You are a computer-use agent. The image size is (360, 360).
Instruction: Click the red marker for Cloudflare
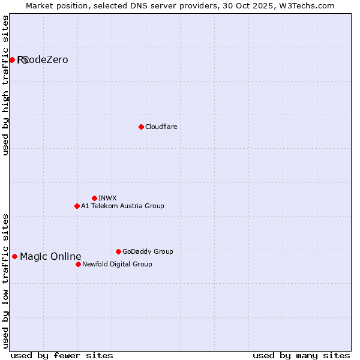(141, 127)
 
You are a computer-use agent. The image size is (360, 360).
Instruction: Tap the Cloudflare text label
(161, 127)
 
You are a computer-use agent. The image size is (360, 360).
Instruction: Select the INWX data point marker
(94, 198)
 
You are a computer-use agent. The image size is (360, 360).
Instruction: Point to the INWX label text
(107, 198)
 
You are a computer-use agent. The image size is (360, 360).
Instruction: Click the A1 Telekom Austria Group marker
(77, 206)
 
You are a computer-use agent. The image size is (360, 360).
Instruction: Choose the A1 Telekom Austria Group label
(122, 206)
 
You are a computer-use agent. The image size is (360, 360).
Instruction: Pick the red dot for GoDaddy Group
(118, 251)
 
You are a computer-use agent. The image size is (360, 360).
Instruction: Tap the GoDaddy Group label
(148, 251)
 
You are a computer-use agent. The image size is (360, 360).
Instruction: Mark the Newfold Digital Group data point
(78, 264)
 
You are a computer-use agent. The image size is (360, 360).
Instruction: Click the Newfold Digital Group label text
(117, 264)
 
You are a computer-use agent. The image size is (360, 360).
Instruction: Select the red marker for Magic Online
(15, 257)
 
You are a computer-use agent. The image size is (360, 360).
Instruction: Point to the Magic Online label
(50, 257)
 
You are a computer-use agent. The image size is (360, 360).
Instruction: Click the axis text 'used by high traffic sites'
(5, 85)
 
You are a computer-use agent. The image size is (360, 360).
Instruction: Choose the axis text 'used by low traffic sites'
(5, 280)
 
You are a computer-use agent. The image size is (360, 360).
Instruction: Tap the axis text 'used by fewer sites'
(62, 355)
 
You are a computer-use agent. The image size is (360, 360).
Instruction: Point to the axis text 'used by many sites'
(301, 355)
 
